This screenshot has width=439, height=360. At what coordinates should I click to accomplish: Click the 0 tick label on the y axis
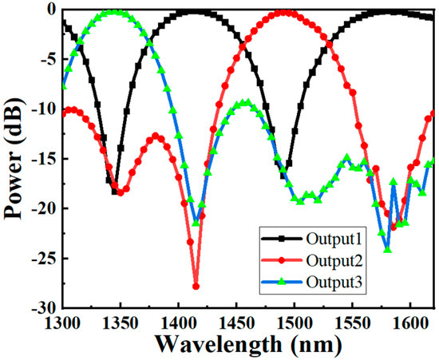(x=50, y=9)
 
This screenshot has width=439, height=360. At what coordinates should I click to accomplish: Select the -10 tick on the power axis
(x=43, y=109)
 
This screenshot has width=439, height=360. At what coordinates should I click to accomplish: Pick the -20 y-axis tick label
(x=43, y=208)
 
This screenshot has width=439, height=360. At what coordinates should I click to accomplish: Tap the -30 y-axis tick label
(x=43, y=307)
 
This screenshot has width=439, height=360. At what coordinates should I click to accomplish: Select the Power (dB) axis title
(x=14, y=156)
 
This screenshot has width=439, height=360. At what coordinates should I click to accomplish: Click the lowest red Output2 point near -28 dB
(x=196, y=286)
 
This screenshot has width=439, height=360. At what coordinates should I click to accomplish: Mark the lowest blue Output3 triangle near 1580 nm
(x=387, y=250)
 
